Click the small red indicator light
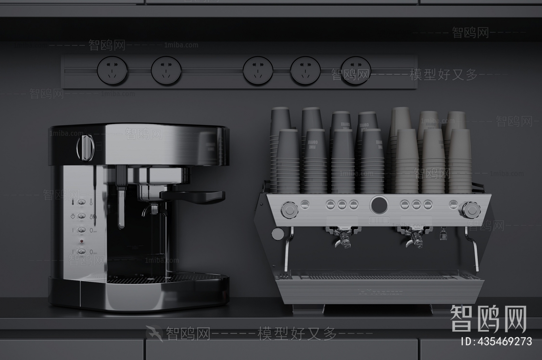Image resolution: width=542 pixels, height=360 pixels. click(81, 241)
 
